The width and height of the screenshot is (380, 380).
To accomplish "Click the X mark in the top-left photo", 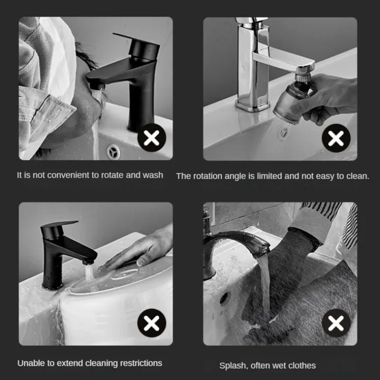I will tap(152, 139).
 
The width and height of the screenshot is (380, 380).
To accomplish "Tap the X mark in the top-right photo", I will tap(336, 139).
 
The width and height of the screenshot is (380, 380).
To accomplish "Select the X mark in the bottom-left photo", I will tap(152, 324).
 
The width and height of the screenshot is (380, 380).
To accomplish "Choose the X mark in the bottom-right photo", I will tap(336, 324).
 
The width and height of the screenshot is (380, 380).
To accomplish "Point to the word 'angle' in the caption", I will tap(233, 176).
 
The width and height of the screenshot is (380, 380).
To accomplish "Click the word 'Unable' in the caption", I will tap(30, 363).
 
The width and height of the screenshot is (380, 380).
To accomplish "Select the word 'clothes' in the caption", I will tap(302, 365).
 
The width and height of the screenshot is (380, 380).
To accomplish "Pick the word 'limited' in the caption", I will tap(270, 176).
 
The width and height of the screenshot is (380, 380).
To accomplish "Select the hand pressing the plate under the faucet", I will tap(142, 247).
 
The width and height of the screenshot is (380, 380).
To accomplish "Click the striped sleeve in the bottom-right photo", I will tap(328, 218).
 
